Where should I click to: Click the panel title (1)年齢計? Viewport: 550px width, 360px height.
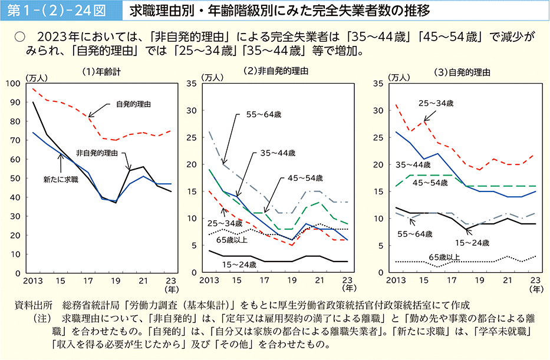(102, 72)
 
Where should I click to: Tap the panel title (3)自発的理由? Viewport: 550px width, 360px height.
(462, 72)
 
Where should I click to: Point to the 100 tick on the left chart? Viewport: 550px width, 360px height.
(14, 83)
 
